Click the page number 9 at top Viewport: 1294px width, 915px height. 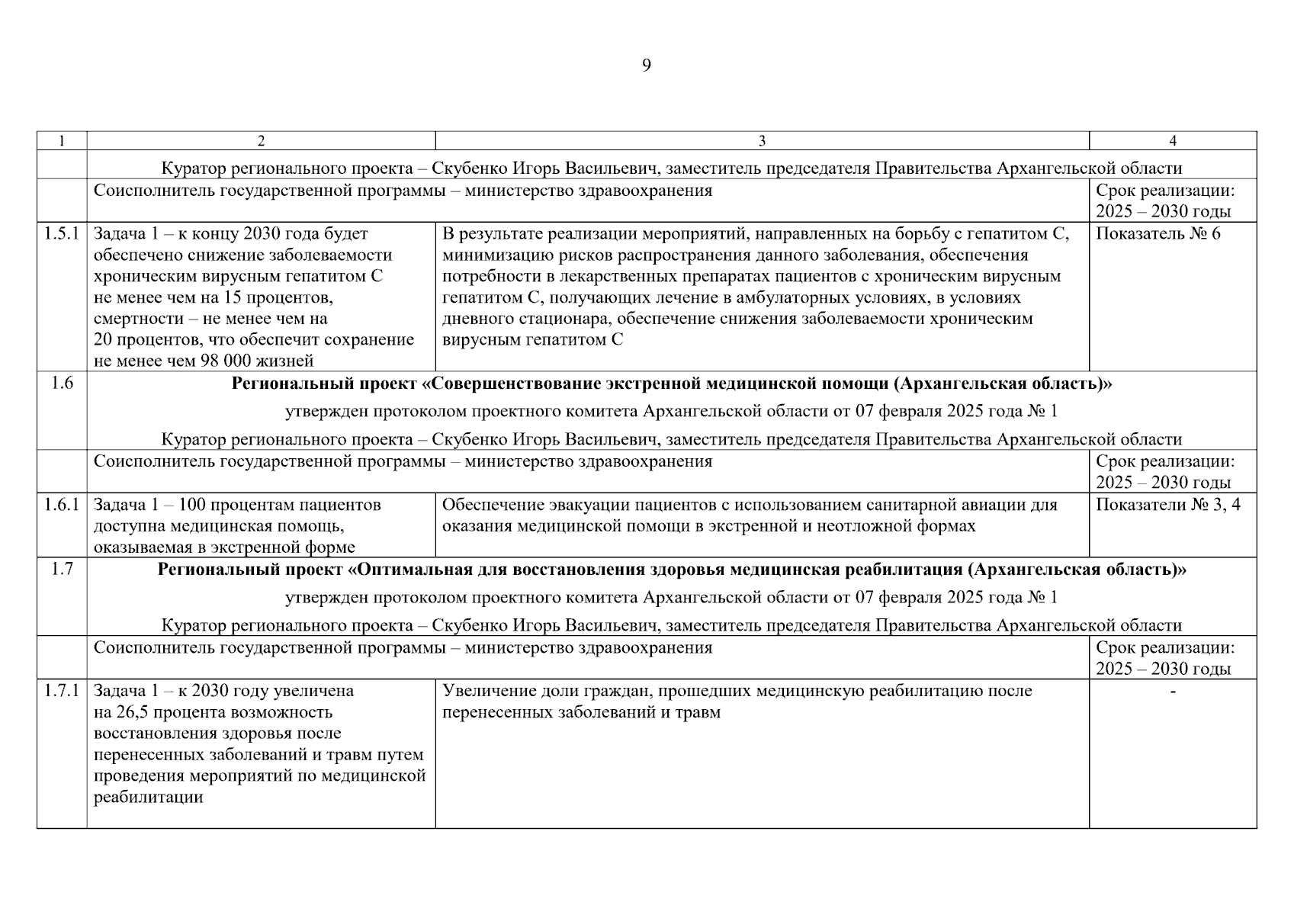(x=646, y=66)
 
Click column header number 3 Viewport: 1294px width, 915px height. (x=762, y=141)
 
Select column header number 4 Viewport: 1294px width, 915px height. (x=1173, y=141)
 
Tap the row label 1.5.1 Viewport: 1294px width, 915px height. (x=62, y=234)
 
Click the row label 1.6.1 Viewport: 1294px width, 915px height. (x=62, y=505)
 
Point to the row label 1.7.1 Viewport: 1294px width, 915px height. (x=62, y=691)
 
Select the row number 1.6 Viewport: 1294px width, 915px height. (x=62, y=384)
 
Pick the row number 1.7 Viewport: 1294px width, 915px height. (x=62, y=570)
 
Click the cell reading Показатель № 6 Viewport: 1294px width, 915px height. (x=1158, y=234)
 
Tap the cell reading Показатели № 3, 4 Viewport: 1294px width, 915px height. (x=1167, y=505)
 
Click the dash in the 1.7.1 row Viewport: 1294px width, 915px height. (x=1173, y=691)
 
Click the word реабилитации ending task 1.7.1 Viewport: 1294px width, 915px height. (x=149, y=798)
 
